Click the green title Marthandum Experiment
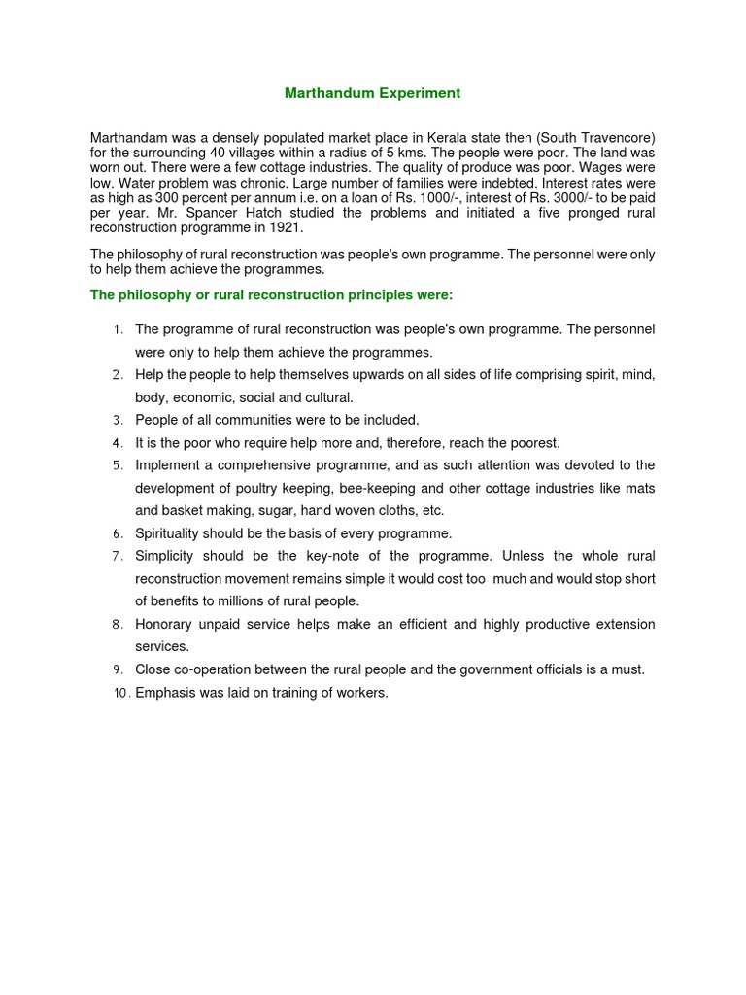point(372,93)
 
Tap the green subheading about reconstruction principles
point(271,293)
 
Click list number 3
point(117,421)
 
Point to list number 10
point(120,693)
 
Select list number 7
point(117,557)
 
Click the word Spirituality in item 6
point(169,533)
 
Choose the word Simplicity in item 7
point(164,556)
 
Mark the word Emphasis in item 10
point(165,693)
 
